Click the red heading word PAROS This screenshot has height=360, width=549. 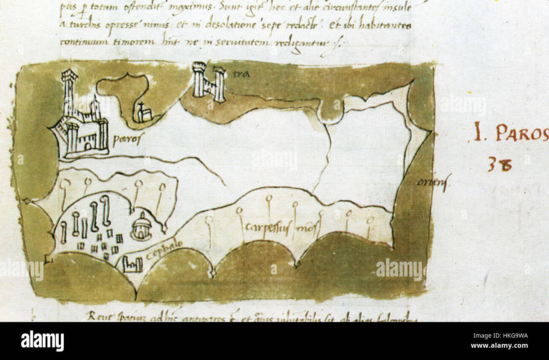click(522, 133)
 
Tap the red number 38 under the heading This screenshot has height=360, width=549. click(500, 164)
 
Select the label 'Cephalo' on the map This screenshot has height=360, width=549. click(164, 250)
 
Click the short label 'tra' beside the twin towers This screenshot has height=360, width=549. click(241, 75)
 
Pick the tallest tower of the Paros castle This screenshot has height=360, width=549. click(69, 93)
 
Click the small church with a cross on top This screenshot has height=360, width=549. click(143, 113)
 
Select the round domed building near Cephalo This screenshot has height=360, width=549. click(141, 227)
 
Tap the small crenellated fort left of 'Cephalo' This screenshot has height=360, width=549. click(132, 265)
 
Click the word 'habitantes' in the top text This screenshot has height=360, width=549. click(385, 25)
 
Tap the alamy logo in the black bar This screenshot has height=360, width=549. click(42, 341)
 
